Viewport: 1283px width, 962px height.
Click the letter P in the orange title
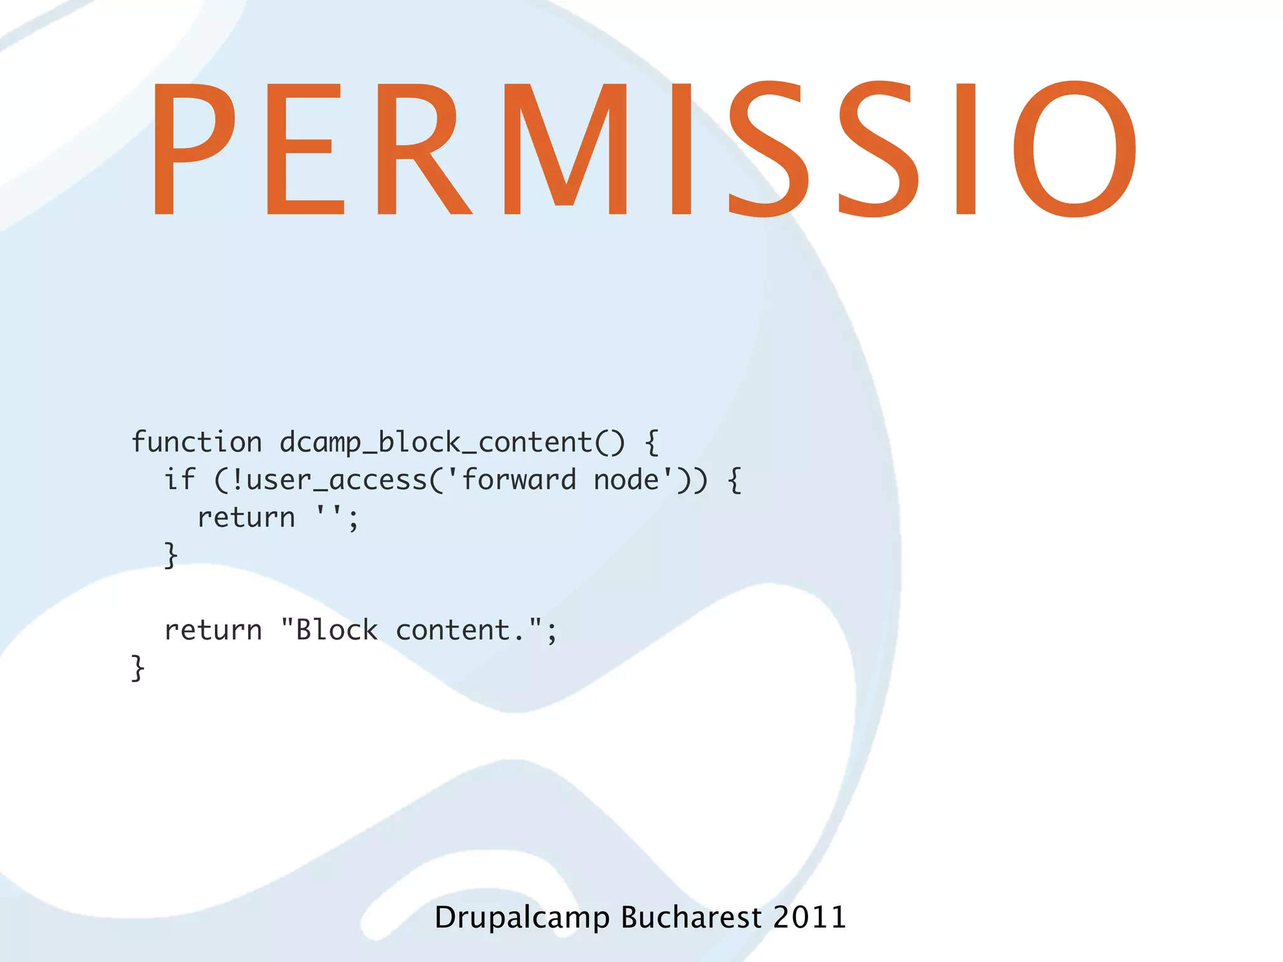tap(193, 149)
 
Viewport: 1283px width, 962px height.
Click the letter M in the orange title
tap(565, 149)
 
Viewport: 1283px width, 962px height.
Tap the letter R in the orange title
tap(423, 149)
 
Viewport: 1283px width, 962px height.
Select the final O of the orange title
tap(1074, 149)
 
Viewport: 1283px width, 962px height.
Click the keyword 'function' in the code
tap(197, 443)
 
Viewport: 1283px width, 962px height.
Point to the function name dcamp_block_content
tap(436, 443)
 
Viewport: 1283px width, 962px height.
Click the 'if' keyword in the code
tap(180, 480)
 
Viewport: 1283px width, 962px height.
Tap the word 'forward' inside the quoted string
tap(519, 480)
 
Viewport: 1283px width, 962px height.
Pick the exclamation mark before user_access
tap(237, 480)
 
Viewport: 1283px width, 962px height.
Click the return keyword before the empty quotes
tap(246, 518)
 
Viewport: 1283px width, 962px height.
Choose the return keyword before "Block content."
tap(213, 630)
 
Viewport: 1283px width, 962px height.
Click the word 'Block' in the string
tap(337, 630)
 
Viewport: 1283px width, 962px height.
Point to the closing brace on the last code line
tap(138, 668)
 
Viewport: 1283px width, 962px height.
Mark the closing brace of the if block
tap(170, 556)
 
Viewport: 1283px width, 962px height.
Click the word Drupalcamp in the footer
tap(522, 918)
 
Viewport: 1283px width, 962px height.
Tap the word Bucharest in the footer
tap(691, 918)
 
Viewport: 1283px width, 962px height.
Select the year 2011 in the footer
tap(809, 918)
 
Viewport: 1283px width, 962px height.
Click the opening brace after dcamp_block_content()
tap(652, 443)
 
